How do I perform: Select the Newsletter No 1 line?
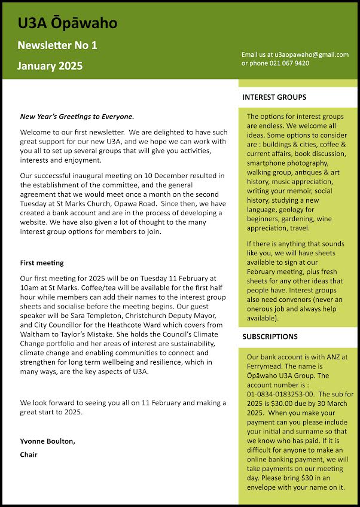point(57,45)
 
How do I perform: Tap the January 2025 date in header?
point(50,66)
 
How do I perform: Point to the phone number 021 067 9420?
point(289,63)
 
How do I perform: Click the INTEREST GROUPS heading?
point(274,97)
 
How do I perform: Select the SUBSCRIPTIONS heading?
point(270,337)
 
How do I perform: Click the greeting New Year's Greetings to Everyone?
point(77,117)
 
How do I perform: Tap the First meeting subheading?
point(42,262)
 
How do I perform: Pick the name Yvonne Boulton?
point(48,441)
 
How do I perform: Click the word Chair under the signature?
point(29,454)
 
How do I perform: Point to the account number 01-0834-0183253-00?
point(283,395)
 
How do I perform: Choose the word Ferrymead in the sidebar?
point(266,366)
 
